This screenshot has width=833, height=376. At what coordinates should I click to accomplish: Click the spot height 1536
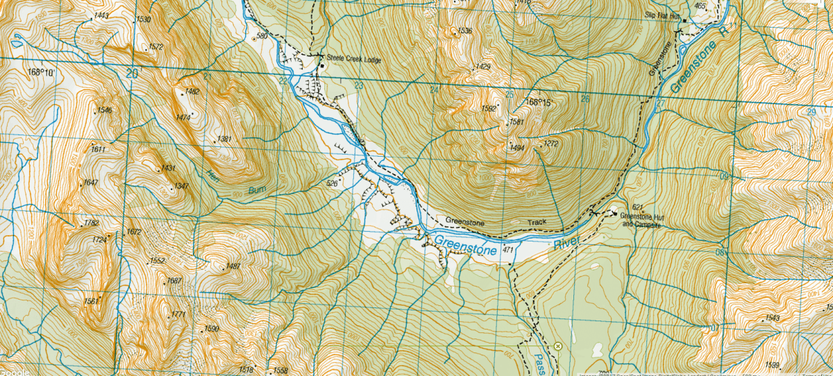464,31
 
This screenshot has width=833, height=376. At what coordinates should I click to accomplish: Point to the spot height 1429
482,67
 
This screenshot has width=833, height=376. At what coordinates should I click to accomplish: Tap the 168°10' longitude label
41,71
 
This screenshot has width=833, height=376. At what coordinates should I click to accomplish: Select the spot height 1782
91,223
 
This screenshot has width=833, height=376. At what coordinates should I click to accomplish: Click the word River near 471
566,243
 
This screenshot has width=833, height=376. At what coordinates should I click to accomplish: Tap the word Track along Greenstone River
537,223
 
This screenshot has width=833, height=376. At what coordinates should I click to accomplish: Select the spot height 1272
551,144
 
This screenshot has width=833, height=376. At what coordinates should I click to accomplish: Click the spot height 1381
224,139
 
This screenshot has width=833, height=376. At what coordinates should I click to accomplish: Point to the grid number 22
283,81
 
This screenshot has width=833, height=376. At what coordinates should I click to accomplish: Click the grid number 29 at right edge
811,112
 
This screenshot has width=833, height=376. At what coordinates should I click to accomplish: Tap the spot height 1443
101,15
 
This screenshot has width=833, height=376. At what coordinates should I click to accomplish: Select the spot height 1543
773,318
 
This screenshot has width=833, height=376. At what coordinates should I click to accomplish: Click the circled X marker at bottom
557,345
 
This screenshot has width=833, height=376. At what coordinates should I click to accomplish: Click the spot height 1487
233,266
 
